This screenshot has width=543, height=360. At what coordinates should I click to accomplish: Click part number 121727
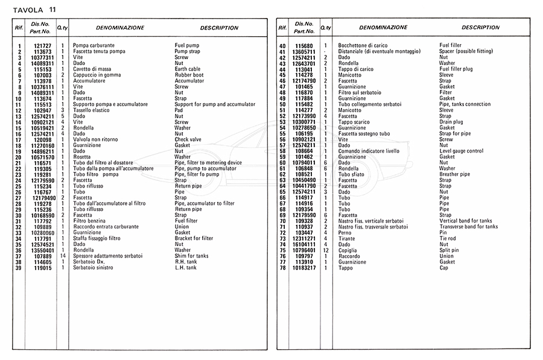click(42, 46)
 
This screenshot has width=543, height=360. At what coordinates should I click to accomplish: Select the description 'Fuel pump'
click(188, 46)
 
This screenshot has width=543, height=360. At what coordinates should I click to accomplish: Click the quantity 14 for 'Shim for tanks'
click(63, 256)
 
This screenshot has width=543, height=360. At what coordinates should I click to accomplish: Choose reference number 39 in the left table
click(19, 268)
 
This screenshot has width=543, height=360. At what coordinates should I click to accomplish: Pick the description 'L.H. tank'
click(186, 268)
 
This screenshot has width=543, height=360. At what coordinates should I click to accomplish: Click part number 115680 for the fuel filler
click(304, 46)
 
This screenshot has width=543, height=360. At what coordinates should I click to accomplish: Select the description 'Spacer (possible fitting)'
click(471, 51)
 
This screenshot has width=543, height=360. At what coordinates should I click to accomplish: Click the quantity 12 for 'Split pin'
click(326, 250)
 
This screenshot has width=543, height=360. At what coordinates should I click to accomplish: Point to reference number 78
click(282, 268)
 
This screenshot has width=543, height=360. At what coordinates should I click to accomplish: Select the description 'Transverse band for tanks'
click(469, 227)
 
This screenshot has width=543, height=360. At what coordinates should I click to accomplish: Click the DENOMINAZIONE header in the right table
click(383, 28)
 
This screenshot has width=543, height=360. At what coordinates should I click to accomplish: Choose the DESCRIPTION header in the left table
click(219, 28)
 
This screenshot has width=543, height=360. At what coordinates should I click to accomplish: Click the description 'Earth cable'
click(188, 69)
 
